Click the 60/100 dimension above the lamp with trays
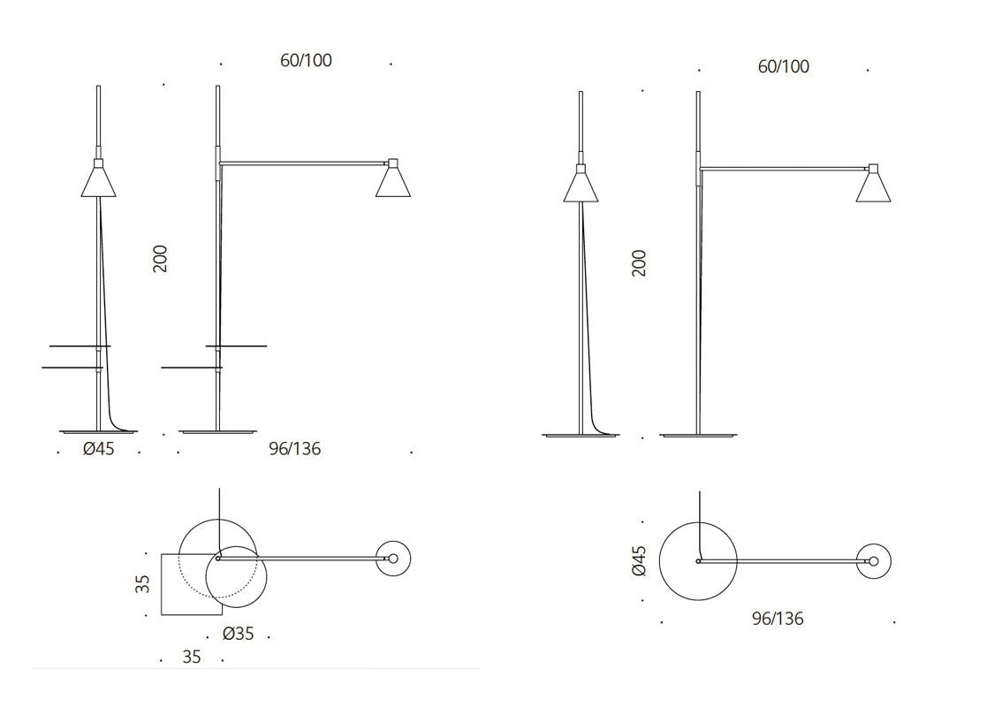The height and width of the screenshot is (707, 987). (x=306, y=60)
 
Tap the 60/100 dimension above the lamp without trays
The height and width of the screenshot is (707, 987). (x=784, y=67)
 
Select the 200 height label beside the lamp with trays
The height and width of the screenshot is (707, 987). (x=161, y=259)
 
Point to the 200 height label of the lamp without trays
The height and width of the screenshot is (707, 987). (x=639, y=263)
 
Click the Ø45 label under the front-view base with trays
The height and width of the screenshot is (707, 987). (x=99, y=449)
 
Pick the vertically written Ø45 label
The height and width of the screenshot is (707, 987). (x=639, y=561)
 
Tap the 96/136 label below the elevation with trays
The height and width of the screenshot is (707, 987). (x=294, y=449)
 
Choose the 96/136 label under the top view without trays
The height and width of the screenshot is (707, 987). (x=778, y=619)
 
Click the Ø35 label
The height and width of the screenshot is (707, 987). (x=238, y=634)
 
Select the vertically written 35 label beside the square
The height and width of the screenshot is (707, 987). (x=143, y=584)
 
